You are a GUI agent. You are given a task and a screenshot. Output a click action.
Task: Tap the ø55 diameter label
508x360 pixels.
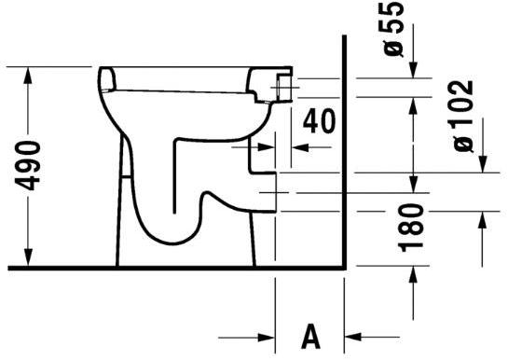[394, 31]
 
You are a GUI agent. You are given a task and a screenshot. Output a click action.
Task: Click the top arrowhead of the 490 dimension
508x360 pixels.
[31, 73]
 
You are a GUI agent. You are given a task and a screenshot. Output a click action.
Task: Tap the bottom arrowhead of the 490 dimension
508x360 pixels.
[31, 260]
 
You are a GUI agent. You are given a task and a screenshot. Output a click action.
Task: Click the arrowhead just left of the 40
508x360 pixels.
[247, 146]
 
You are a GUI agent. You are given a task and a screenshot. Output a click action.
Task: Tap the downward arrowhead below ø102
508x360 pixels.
[483, 166]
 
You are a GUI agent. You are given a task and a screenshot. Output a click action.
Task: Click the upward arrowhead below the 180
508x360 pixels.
[483, 220]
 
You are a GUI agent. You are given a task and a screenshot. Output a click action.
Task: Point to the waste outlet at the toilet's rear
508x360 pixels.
[266, 191]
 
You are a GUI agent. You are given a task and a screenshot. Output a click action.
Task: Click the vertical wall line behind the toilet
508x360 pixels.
[345, 149]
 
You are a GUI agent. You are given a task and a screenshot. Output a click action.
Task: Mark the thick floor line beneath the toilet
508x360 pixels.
[177, 269]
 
